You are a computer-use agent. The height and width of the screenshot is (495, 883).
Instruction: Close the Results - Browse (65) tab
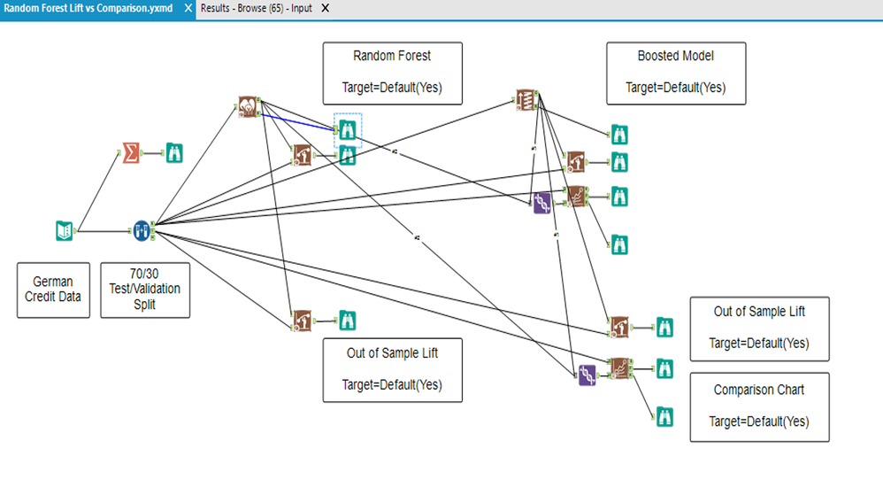[x=325, y=8]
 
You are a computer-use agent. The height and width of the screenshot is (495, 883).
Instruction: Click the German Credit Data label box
[x=53, y=290]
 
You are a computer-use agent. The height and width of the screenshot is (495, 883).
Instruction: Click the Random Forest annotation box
[x=392, y=72]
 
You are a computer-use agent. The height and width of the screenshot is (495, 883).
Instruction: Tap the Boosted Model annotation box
[x=675, y=72]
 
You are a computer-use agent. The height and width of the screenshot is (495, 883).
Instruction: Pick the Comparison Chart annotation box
[x=759, y=406]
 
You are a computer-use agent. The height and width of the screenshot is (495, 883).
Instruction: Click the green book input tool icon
[x=63, y=231]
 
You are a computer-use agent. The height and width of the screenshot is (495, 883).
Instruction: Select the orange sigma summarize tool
[x=131, y=152]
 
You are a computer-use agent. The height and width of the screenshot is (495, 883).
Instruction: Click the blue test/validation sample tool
[x=142, y=231]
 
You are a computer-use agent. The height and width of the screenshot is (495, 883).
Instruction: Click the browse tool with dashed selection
[x=348, y=130]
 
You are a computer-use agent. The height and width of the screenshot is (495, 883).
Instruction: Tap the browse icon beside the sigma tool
[x=174, y=152]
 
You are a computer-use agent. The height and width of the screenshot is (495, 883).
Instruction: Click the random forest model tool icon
[x=249, y=107]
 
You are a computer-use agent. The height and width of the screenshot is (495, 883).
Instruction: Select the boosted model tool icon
[x=526, y=99]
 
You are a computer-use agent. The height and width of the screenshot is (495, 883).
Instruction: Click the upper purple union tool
[x=541, y=204]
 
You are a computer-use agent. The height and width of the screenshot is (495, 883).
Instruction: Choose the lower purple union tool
[x=586, y=375]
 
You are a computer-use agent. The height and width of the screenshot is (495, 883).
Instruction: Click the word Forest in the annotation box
[x=413, y=56]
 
